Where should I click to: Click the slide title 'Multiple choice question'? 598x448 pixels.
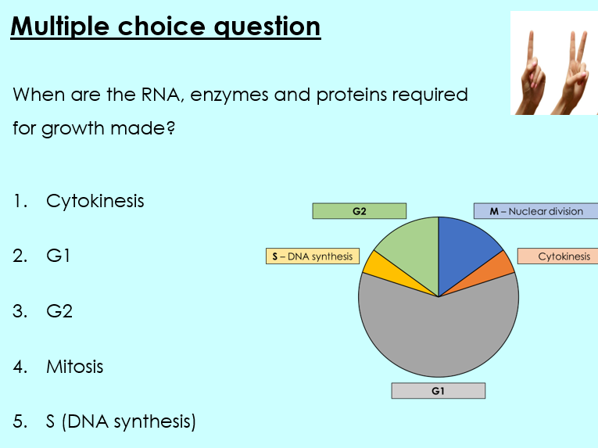(x=166, y=27)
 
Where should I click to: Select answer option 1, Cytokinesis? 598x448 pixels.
(x=95, y=201)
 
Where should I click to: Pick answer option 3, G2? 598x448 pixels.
(x=59, y=310)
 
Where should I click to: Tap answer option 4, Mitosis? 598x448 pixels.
(x=74, y=366)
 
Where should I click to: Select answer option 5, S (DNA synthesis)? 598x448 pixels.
(x=120, y=421)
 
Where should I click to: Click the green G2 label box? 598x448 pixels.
(x=359, y=211)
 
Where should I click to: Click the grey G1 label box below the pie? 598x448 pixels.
(x=438, y=391)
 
